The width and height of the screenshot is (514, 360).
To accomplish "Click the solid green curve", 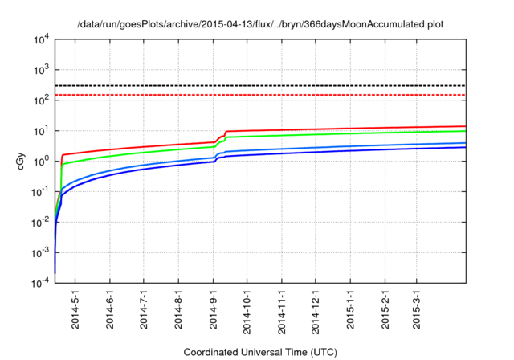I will (361, 134).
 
